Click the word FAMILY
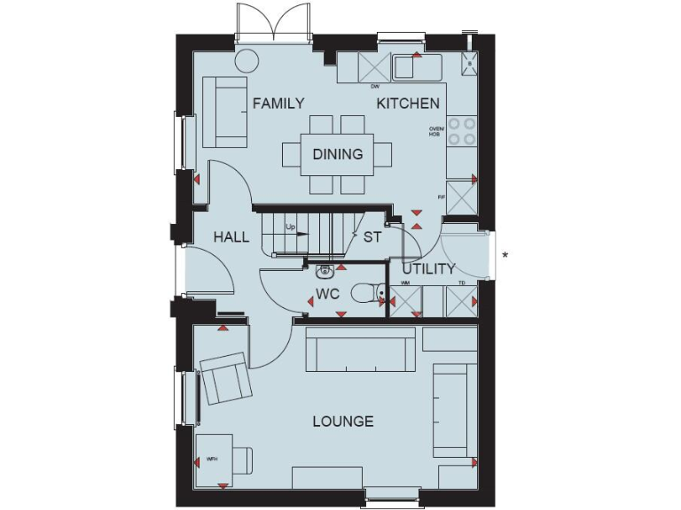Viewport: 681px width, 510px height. tap(278, 104)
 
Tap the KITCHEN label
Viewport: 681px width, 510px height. tap(408, 104)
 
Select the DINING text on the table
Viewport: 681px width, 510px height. tap(338, 154)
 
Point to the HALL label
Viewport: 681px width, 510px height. tap(231, 237)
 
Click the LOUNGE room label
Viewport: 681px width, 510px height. tap(342, 421)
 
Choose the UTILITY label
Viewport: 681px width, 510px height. tap(428, 268)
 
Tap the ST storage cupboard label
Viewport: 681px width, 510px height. tap(372, 237)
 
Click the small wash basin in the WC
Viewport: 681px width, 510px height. tap(325, 270)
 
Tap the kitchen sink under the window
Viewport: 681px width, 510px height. tap(418, 67)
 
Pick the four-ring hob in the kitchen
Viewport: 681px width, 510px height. tap(460, 132)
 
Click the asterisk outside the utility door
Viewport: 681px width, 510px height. tap(505, 256)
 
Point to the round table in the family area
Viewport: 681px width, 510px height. tap(246, 60)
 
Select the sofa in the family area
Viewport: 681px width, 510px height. tap(224, 112)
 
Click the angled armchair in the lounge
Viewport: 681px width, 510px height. tap(225, 378)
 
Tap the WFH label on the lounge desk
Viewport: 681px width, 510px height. tap(212, 460)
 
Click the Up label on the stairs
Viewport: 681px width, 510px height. tap(290, 228)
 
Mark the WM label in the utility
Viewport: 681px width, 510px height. tap(405, 283)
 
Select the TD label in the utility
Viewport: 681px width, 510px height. tap(461, 283)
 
